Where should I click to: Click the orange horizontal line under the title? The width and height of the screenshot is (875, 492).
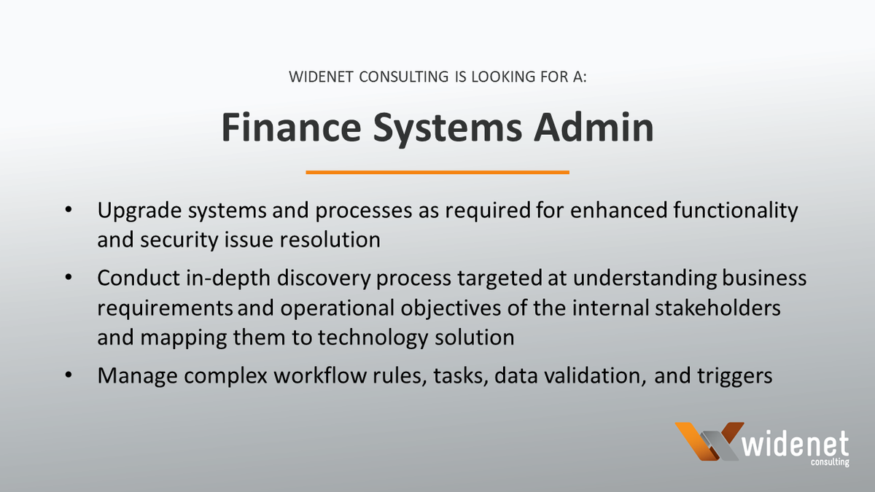pyautogui.click(x=437, y=173)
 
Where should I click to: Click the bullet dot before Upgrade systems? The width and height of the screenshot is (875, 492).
pyautogui.click(x=69, y=211)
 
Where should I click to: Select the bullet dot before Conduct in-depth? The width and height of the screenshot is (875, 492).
pyautogui.click(x=69, y=278)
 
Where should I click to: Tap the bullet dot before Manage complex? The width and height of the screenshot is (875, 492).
pyautogui.click(x=69, y=375)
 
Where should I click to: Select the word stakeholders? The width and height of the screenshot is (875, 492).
pyautogui.click(x=717, y=308)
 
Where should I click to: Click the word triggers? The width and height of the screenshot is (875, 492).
pyautogui.click(x=726, y=377)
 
